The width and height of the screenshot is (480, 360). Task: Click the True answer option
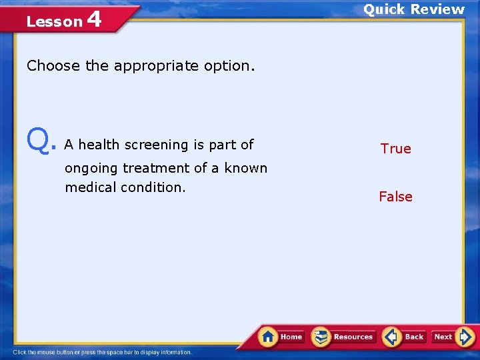pos(395,149)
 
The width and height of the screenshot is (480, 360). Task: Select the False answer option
pos(395,197)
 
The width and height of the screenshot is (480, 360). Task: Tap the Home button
pos(282,337)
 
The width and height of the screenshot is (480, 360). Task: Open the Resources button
pos(344,337)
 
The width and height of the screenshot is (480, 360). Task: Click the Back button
pos(405,337)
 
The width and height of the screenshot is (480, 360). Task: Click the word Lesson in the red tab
pos(54,21)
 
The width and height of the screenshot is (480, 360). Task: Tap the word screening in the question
pos(157,145)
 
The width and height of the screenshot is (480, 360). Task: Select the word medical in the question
pos(91,187)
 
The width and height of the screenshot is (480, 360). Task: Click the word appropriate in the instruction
pos(148,66)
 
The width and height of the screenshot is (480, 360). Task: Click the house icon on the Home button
pos(268,336)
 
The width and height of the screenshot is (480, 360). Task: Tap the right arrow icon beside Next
pos(466,336)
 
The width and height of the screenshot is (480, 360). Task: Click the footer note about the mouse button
pos(103,352)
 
